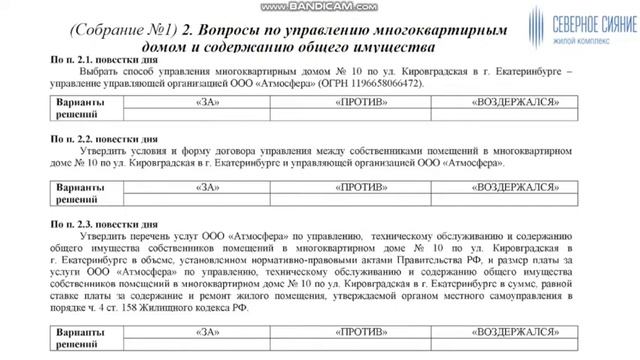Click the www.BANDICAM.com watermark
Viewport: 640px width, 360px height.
point(320,7)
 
